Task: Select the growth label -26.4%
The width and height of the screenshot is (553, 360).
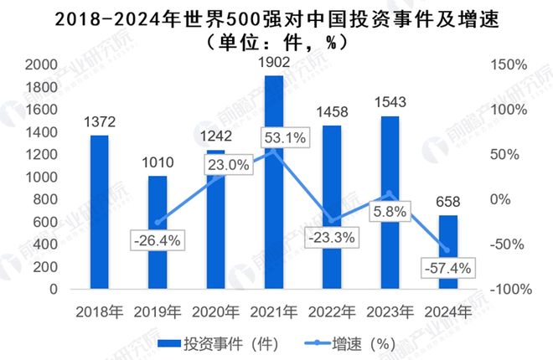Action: tap(158, 241)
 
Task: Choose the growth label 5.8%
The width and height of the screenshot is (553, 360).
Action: tap(391, 212)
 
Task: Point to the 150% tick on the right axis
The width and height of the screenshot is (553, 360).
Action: tap(508, 65)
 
